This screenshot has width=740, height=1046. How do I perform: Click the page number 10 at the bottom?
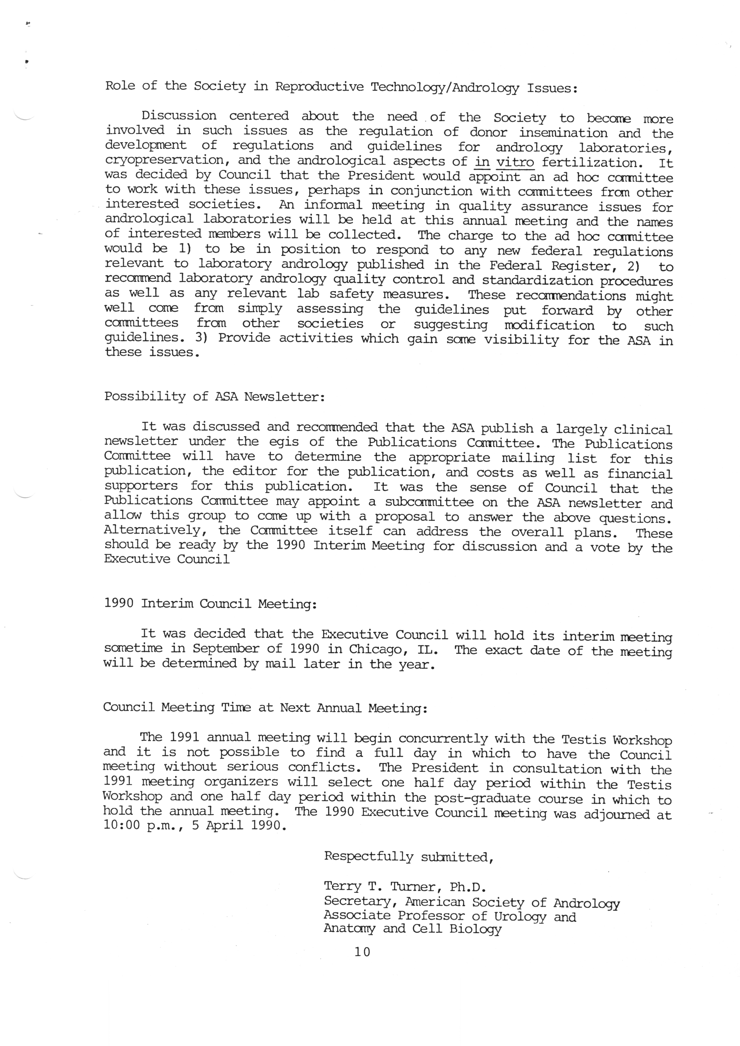coord(362,952)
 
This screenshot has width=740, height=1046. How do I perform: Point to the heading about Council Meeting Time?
coord(265,708)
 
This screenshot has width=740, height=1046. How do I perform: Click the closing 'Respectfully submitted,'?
coord(409,857)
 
